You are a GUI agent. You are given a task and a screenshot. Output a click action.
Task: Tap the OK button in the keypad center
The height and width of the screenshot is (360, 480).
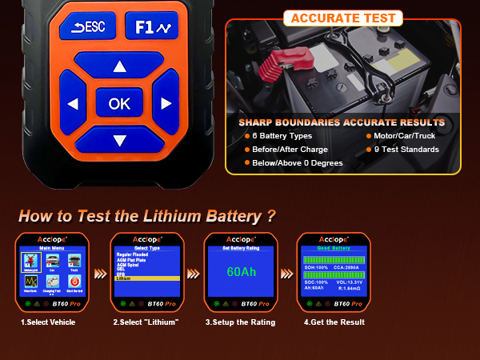click(119, 103)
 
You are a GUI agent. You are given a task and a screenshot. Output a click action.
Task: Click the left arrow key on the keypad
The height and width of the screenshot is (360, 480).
click(73, 104)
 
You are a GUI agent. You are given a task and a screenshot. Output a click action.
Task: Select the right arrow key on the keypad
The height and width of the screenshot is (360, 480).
click(166, 104)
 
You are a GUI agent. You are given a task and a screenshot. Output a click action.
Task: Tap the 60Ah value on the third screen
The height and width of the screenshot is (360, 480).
click(241, 272)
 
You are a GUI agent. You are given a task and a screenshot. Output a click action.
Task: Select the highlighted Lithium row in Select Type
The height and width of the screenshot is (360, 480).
click(146, 279)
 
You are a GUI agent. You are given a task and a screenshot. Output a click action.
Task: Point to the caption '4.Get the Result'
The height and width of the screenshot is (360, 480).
click(334, 322)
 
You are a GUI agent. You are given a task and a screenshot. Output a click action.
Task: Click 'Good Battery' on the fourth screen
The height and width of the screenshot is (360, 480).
click(334, 249)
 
